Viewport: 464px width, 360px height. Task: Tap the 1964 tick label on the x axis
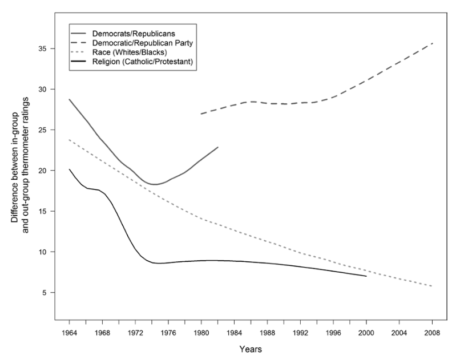70,331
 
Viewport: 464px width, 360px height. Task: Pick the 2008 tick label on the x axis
432,331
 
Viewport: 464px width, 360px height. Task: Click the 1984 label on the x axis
235,331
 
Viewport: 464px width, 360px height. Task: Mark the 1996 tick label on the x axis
333,331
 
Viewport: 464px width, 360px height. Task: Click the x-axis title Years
251,348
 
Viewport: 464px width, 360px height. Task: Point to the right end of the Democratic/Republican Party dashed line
432,43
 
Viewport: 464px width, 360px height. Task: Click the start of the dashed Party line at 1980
201,114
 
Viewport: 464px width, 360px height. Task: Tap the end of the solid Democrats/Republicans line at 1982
218,147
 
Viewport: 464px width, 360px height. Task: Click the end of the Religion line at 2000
366,276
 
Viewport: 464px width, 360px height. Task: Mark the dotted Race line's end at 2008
432,286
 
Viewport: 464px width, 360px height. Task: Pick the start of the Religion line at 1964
70,169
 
